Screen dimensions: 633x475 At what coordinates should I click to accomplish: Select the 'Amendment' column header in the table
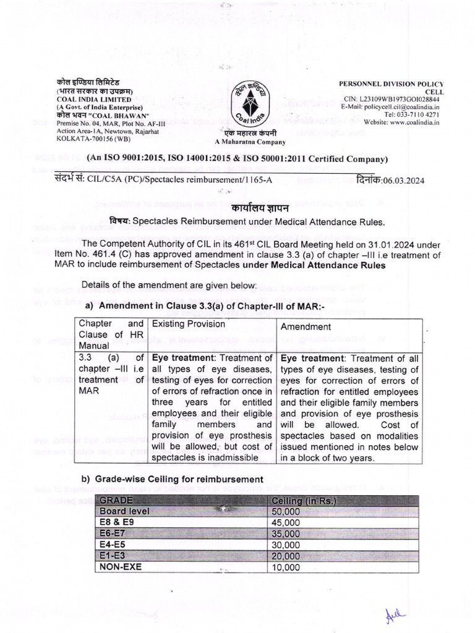click(x=306, y=326)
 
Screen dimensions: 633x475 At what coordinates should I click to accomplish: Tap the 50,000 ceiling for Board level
click(x=285, y=511)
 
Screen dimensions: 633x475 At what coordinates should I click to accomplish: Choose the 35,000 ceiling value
click(x=285, y=533)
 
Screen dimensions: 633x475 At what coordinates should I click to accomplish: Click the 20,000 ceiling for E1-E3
click(x=285, y=556)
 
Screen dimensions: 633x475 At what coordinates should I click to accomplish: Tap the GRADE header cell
click(x=118, y=500)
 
